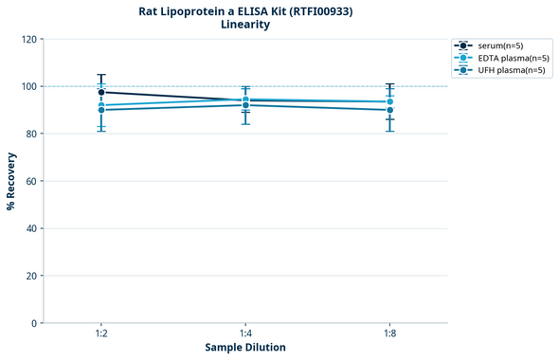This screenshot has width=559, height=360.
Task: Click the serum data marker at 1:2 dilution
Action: [x=101, y=92]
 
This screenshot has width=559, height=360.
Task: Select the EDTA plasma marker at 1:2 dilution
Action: [x=101, y=105]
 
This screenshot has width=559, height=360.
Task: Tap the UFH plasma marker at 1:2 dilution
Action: [x=101, y=110]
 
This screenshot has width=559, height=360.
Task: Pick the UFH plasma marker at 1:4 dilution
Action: [x=245, y=105]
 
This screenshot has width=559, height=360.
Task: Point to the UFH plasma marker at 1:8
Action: [x=389, y=110]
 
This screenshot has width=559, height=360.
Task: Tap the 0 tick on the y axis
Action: [x=34, y=323]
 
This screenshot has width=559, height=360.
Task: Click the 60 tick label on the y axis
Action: [x=31, y=181]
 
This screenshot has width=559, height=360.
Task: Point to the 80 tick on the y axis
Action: [x=31, y=134]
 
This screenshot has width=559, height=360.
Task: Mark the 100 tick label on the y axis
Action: [x=28, y=86]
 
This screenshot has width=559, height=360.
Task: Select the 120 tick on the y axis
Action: [x=28, y=39]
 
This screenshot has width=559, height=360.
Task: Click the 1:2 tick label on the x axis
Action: [x=101, y=334]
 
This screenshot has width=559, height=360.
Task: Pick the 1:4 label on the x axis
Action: [x=245, y=334]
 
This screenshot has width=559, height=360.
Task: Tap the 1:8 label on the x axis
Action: [x=389, y=334]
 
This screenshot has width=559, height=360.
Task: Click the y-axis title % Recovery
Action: [x=11, y=181]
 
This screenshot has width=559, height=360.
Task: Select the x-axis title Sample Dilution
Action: [x=245, y=348]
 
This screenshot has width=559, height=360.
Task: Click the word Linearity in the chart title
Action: [x=244, y=25]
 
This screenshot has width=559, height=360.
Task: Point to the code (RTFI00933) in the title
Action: [x=319, y=10]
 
